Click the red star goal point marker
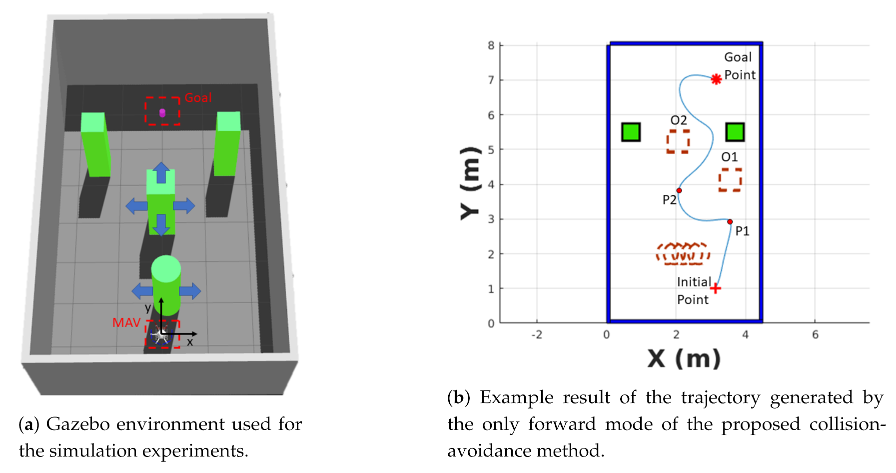point(716,79)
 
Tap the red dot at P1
point(730,221)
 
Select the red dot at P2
point(679,190)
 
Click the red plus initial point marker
point(716,288)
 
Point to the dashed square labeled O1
point(730,180)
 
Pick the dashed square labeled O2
point(678,141)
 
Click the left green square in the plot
point(631,132)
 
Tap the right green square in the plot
point(735,132)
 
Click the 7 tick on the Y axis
point(491,80)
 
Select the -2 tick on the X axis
point(537,334)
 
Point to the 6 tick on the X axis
point(815,334)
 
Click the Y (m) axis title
point(470,183)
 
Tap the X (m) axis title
point(684,358)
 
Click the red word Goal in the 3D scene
point(198,98)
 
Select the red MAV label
point(126,323)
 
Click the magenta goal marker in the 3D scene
point(162,112)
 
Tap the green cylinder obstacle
point(166,285)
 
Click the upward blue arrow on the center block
point(161,172)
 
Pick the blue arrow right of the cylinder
point(190,291)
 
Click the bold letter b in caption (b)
point(458,398)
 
